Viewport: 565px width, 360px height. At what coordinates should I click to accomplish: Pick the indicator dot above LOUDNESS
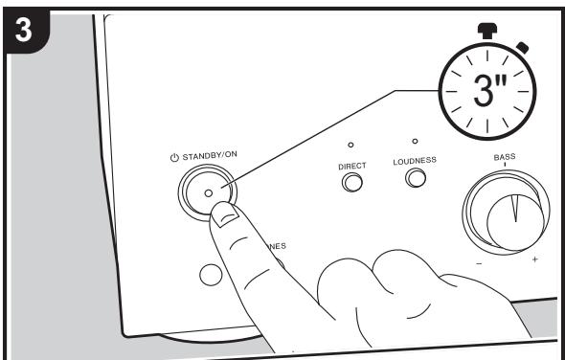(x=414, y=141)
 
